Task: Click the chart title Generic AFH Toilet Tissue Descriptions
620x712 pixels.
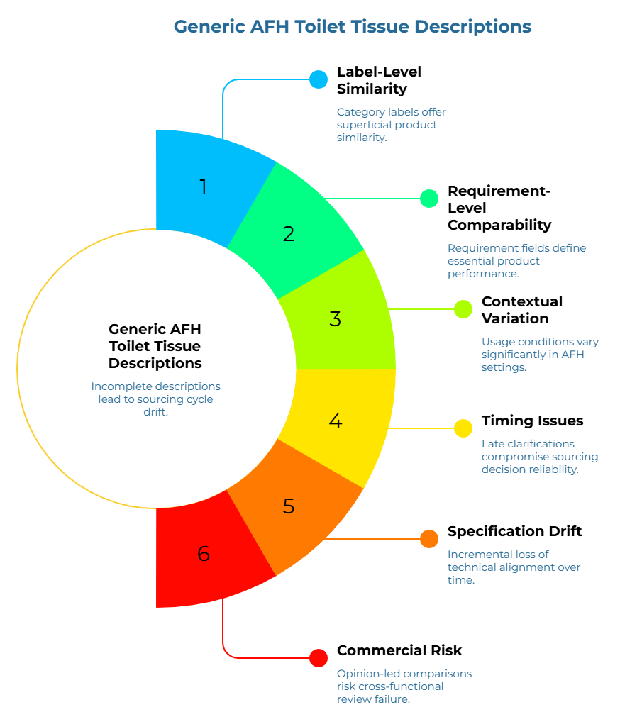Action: (x=352, y=27)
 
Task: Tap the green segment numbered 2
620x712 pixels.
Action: (x=288, y=233)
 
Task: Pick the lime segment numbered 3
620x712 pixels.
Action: (x=336, y=318)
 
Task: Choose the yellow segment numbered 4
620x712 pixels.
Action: (x=336, y=421)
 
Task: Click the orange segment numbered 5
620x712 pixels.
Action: (x=288, y=506)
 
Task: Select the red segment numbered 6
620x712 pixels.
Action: (x=204, y=553)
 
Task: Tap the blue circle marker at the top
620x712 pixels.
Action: (x=319, y=79)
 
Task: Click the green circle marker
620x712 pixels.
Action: (x=429, y=199)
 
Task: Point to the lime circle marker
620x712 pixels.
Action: (x=463, y=309)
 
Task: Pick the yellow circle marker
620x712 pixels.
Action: (x=463, y=428)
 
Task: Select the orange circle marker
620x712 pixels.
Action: (x=429, y=539)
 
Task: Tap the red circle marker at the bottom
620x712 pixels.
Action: (x=319, y=658)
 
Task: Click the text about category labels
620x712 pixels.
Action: (x=391, y=125)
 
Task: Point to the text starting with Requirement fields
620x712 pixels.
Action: (x=516, y=260)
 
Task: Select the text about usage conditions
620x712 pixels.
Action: (x=540, y=355)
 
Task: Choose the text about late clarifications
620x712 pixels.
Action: (x=540, y=457)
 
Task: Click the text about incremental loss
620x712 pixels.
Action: (x=514, y=567)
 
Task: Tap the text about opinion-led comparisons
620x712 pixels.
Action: (x=404, y=686)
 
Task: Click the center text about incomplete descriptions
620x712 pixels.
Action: (x=155, y=399)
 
